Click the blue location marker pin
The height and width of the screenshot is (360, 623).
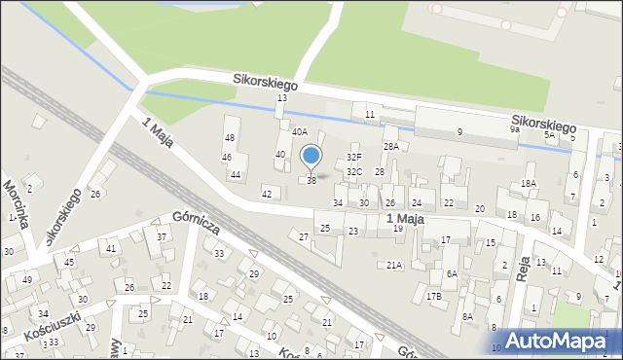[311, 157]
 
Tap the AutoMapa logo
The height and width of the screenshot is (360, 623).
[562, 342]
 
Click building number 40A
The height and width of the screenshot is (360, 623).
[300, 131]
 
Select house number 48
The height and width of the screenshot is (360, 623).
[230, 138]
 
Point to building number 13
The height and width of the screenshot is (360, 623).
[282, 98]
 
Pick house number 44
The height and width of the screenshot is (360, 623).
[236, 175]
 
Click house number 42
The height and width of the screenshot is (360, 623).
[267, 195]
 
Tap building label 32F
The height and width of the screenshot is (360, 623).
[354, 157]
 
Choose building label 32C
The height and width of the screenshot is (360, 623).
[354, 172]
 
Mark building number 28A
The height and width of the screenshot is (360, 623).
[390, 146]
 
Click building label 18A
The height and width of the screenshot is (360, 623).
[529, 183]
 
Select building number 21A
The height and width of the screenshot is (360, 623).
[394, 265]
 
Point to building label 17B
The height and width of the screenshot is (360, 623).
[433, 296]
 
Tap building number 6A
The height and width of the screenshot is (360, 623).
[452, 274]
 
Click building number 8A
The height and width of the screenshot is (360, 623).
[467, 316]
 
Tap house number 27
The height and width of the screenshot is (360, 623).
[304, 236]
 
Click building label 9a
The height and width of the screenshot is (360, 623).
[515, 128]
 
